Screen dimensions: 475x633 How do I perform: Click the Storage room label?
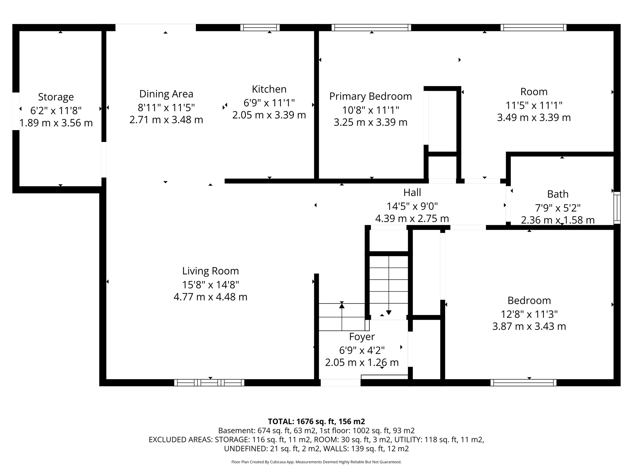coord(56,97)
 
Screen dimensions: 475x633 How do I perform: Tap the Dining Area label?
coord(166,94)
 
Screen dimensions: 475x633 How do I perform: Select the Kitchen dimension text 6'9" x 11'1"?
coord(269,102)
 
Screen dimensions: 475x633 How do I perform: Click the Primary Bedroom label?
coord(370,96)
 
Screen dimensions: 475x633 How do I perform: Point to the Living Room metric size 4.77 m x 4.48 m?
coord(210,297)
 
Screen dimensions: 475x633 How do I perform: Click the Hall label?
coord(412,192)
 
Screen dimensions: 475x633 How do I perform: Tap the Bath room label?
coord(558,194)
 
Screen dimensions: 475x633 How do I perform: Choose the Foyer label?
coord(362,336)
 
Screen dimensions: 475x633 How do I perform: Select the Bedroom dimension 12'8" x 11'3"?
coord(529,314)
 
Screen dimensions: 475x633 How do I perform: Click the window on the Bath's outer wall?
coord(617,208)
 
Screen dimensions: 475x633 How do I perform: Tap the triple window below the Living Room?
coord(209,383)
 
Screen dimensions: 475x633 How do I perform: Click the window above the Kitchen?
coord(260,28)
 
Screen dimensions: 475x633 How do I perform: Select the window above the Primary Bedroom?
coord(371,28)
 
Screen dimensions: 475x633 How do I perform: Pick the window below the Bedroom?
coord(523,383)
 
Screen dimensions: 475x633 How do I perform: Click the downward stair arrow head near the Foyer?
coord(389,313)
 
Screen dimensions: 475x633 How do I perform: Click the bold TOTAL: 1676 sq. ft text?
coord(316,421)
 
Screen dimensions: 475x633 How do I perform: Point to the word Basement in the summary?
coord(232,430)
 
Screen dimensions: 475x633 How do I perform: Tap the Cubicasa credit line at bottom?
coord(316,462)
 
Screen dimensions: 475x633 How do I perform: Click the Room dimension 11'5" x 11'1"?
coord(533,105)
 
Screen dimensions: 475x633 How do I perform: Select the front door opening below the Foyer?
coord(340,383)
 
